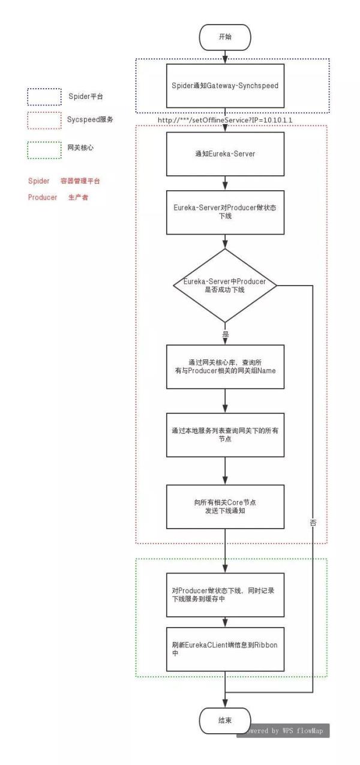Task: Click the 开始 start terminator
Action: [x=224, y=37]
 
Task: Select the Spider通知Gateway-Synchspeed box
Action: [x=224, y=85]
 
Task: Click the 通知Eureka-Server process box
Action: [x=224, y=154]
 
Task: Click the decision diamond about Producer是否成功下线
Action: [x=224, y=286]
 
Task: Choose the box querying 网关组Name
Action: [x=224, y=367]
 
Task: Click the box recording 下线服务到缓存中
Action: [x=224, y=595]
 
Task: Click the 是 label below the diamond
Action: [x=226, y=334]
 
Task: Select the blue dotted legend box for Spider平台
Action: [x=44, y=97]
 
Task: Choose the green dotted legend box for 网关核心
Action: [x=44, y=149]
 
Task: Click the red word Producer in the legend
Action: [x=41, y=197]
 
